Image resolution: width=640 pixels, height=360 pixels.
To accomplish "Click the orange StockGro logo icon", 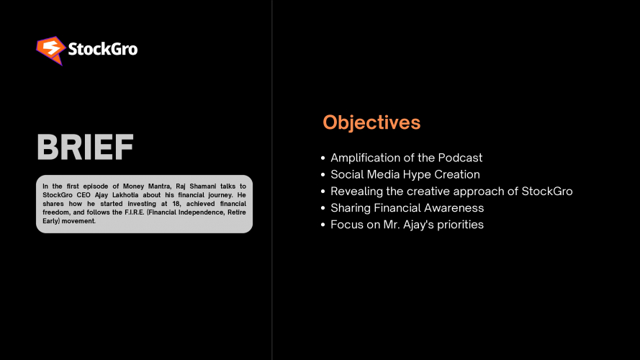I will click(50, 50).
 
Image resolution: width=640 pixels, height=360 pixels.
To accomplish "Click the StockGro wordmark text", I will click(102, 50).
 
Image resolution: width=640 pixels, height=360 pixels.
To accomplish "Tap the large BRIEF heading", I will click(85, 148).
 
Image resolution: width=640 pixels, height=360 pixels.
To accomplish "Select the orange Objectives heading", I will click(371, 122).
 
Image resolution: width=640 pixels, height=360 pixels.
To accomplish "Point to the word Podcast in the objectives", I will click(460, 158).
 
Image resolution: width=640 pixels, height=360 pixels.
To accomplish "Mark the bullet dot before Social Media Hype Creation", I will click(323, 175).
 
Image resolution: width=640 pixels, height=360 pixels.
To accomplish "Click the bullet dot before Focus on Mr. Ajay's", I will click(323, 225).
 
